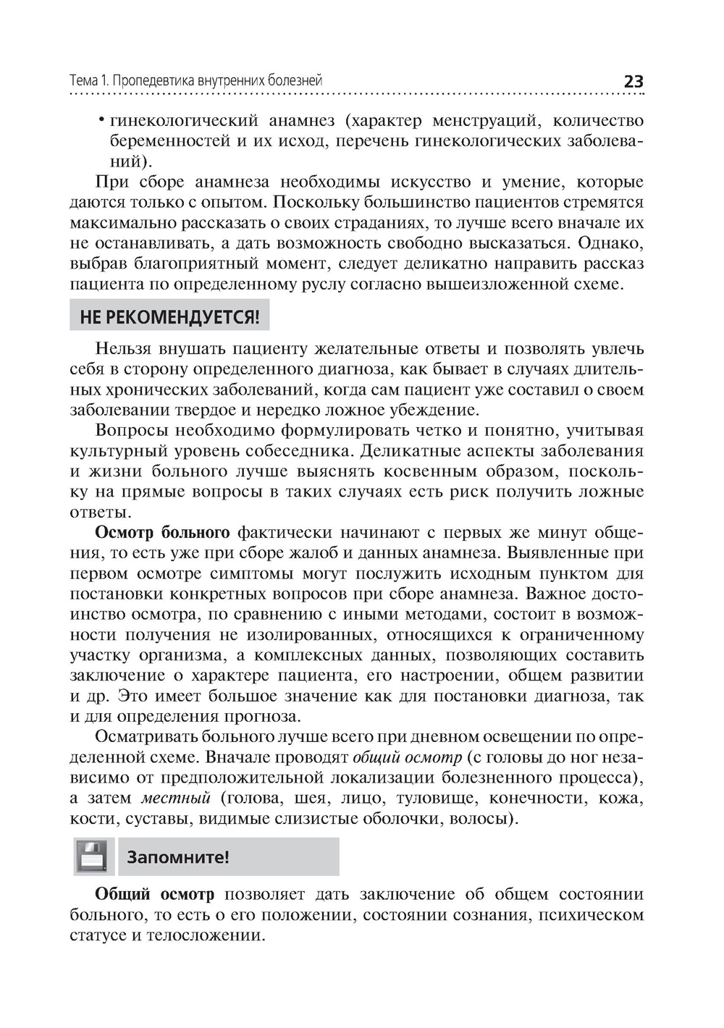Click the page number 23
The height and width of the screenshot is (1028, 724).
(x=633, y=82)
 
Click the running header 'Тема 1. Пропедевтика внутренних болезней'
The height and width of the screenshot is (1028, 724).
(x=195, y=80)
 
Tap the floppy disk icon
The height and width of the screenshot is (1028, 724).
(x=94, y=857)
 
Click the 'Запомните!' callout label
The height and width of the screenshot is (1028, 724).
(x=178, y=858)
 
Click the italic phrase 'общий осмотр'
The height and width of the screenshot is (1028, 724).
(x=407, y=758)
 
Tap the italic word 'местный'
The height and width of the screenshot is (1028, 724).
(x=175, y=799)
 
